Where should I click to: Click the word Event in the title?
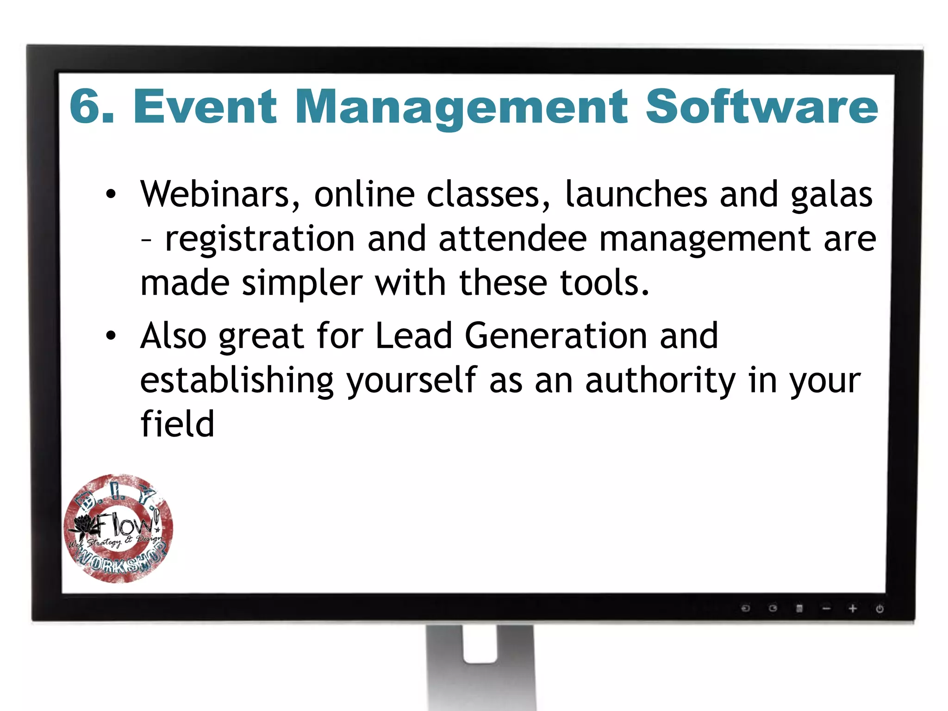(x=205, y=107)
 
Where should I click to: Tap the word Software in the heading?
(x=761, y=107)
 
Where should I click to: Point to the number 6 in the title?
(x=87, y=107)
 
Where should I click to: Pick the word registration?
(x=260, y=239)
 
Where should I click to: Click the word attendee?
(x=512, y=239)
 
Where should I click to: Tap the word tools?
(x=605, y=283)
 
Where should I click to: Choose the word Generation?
(x=556, y=336)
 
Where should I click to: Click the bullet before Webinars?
(x=111, y=194)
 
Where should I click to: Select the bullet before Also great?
(x=111, y=336)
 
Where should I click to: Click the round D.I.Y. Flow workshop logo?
(x=118, y=528)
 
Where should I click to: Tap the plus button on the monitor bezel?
(x=853, y=609)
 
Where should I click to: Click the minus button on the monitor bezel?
(x=826, y=609)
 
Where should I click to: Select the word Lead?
(x=413, y=336)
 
